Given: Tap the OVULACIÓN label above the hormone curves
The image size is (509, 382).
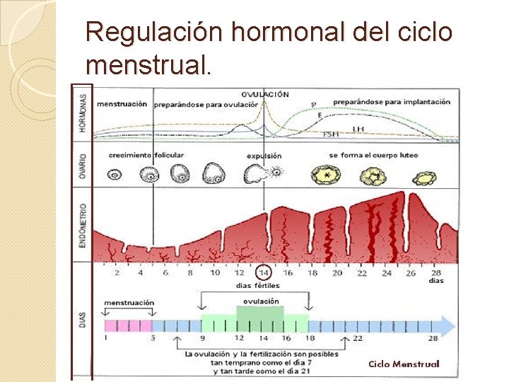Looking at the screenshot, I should tap(264, 94).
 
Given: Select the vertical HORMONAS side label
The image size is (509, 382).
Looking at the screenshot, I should tap(83, 113).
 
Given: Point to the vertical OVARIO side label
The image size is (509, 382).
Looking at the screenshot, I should tap(83, 165).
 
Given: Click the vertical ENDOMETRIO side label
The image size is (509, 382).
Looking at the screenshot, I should tap(83, 225).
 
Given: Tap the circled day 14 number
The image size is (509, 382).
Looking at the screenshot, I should tap(264, 272).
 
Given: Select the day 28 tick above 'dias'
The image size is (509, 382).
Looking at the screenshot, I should tap(436, 272).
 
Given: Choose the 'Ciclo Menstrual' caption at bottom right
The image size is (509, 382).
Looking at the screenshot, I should tap(404, 364).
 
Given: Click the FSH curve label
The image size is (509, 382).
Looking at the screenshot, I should tap(330, 134).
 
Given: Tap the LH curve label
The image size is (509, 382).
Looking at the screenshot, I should tap(358, 128).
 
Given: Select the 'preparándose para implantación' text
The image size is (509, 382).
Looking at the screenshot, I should tap(391, 103).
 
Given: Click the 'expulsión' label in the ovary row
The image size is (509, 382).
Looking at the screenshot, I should tap(264, 156).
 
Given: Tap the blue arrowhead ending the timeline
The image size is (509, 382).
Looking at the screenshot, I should tap(447, 325).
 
